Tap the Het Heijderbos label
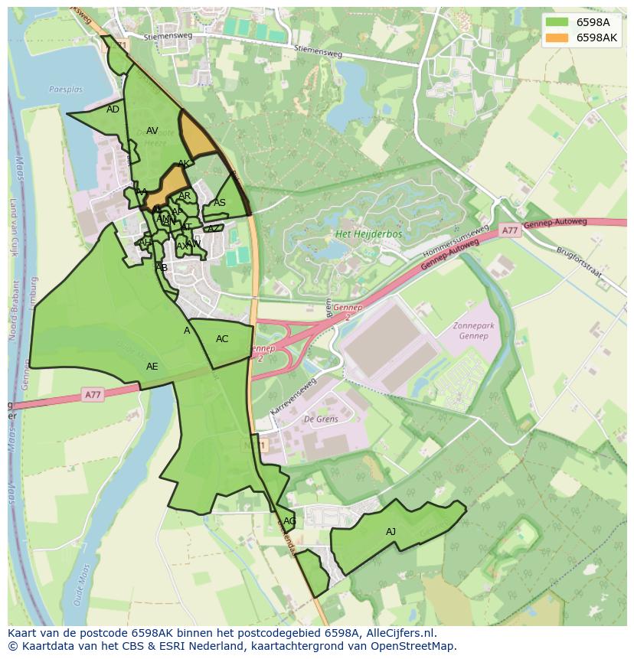click(364, 234)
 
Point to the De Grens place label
click(321, 419)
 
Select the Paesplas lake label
click(65, 90)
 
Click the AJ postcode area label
click(391, 531)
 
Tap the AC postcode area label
click(222, 339)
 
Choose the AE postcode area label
click(152, 367)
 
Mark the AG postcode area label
click(289, 521)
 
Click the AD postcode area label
click(113, 109)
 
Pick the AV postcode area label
click(152, 131)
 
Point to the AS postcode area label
click(220, 203)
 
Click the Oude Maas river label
click(79, 586)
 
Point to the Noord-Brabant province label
click(13, 306)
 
